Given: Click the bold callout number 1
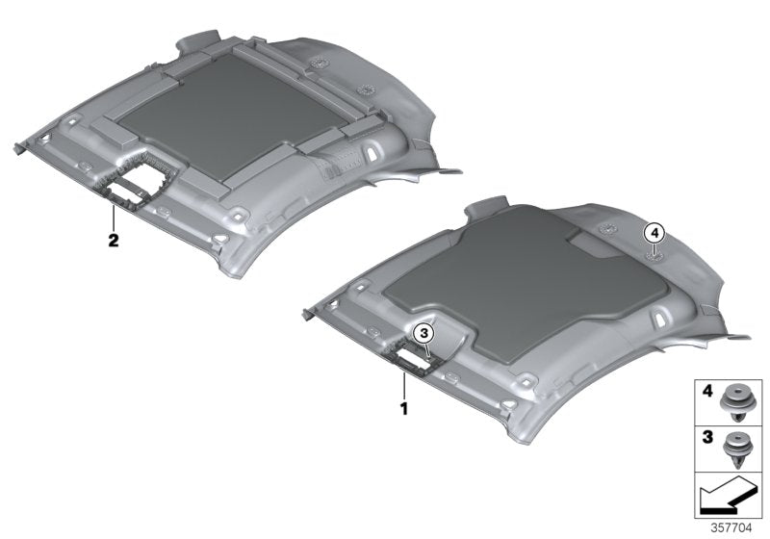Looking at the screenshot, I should (405, 408).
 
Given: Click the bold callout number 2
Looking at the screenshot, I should (113, 241).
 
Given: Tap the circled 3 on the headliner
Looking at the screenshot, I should (424, 332).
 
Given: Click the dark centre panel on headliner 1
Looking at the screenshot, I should (510, 289).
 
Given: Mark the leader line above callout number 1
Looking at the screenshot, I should (405, 385).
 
